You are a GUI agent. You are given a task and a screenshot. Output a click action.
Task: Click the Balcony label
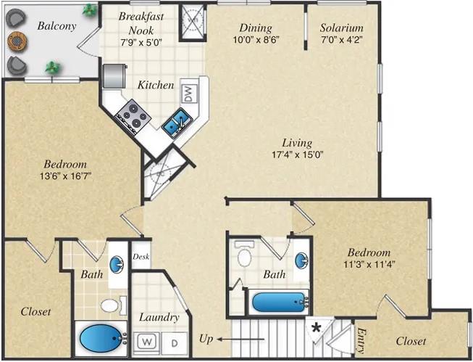[57, 27]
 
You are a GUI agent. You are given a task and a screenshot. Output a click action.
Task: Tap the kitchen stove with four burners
[133, 115]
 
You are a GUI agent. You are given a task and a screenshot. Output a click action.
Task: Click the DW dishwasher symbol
[188, 93]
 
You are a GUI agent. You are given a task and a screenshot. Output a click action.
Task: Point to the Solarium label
[342, 28]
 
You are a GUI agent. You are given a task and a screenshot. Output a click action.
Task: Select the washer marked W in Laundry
[148, 341]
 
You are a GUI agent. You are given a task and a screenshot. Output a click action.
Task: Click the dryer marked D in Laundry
[174, 342]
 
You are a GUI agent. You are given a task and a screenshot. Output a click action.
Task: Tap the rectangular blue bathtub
[278, 302]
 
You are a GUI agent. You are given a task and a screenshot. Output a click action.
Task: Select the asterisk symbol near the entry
[316, 327]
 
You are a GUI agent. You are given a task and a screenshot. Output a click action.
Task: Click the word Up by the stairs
[206, 339]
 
